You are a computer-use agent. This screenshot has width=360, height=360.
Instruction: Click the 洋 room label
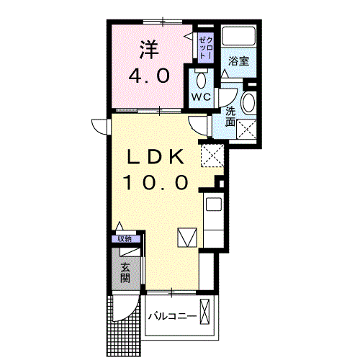[148, 48]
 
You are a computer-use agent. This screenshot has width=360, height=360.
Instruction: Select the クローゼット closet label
[205, 45]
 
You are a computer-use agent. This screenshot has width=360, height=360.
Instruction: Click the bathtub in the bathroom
[239, 36]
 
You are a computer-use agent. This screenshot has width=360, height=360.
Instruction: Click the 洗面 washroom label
[230, 117]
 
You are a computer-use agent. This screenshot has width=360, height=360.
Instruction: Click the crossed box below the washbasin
[249, 130]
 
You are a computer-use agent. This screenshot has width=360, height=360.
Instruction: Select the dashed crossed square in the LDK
[212, 153]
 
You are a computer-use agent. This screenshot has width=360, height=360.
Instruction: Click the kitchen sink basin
[214, 204]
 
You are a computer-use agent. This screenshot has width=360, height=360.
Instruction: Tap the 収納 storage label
[126, 239]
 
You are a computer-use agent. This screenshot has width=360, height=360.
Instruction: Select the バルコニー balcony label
[173, 316]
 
